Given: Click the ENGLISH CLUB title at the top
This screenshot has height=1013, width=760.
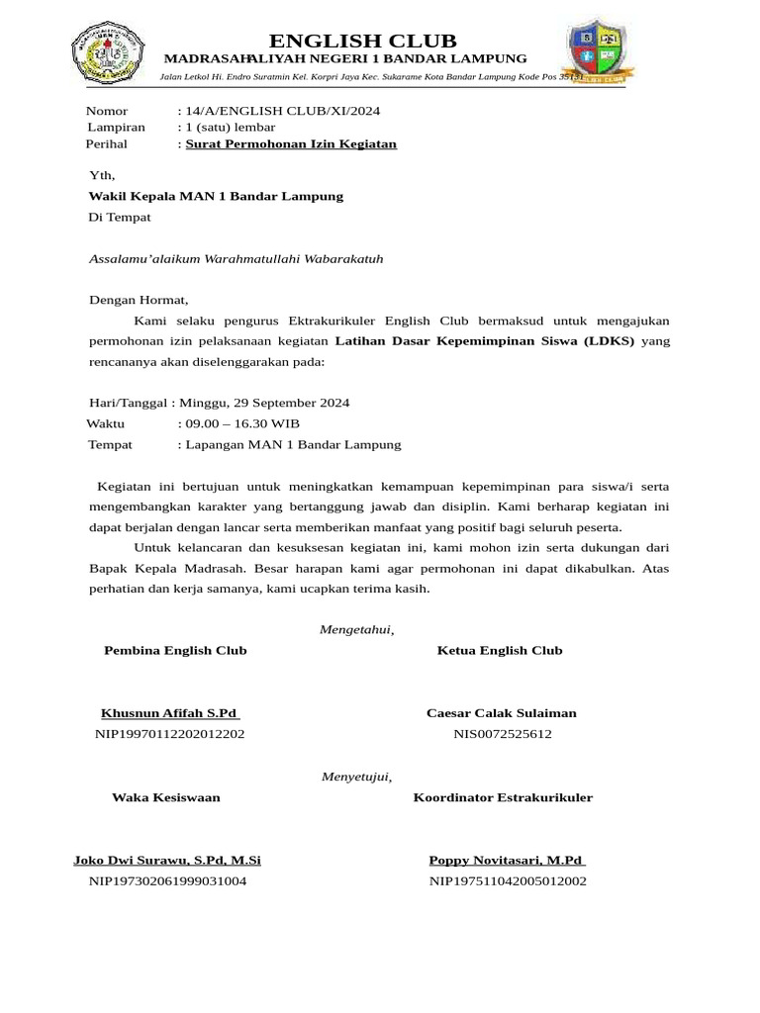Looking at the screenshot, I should (x=363, y=41).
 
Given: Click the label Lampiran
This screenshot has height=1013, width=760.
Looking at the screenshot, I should (x=116, y=128).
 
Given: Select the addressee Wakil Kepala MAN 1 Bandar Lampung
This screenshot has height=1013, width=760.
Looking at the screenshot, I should (x=216, y=196).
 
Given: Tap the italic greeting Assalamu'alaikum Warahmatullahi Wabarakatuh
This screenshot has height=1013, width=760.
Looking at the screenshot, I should (x=236, y=259).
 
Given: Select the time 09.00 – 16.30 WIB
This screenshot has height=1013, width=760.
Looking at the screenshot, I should (x=243, y=424).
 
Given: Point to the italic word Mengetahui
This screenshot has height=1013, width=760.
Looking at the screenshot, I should (x=356, y=630).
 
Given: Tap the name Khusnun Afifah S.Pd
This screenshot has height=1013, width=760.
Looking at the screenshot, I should (x=170, y=713).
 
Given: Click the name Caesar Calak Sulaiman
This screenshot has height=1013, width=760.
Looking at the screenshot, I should (x=501, y=713).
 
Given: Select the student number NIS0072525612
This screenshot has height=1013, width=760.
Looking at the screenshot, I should (x=502, y=734).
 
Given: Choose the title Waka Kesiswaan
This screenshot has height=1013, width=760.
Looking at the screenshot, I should (x=165, y=797).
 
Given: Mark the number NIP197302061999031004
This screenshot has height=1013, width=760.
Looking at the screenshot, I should (x=167, y=880).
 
